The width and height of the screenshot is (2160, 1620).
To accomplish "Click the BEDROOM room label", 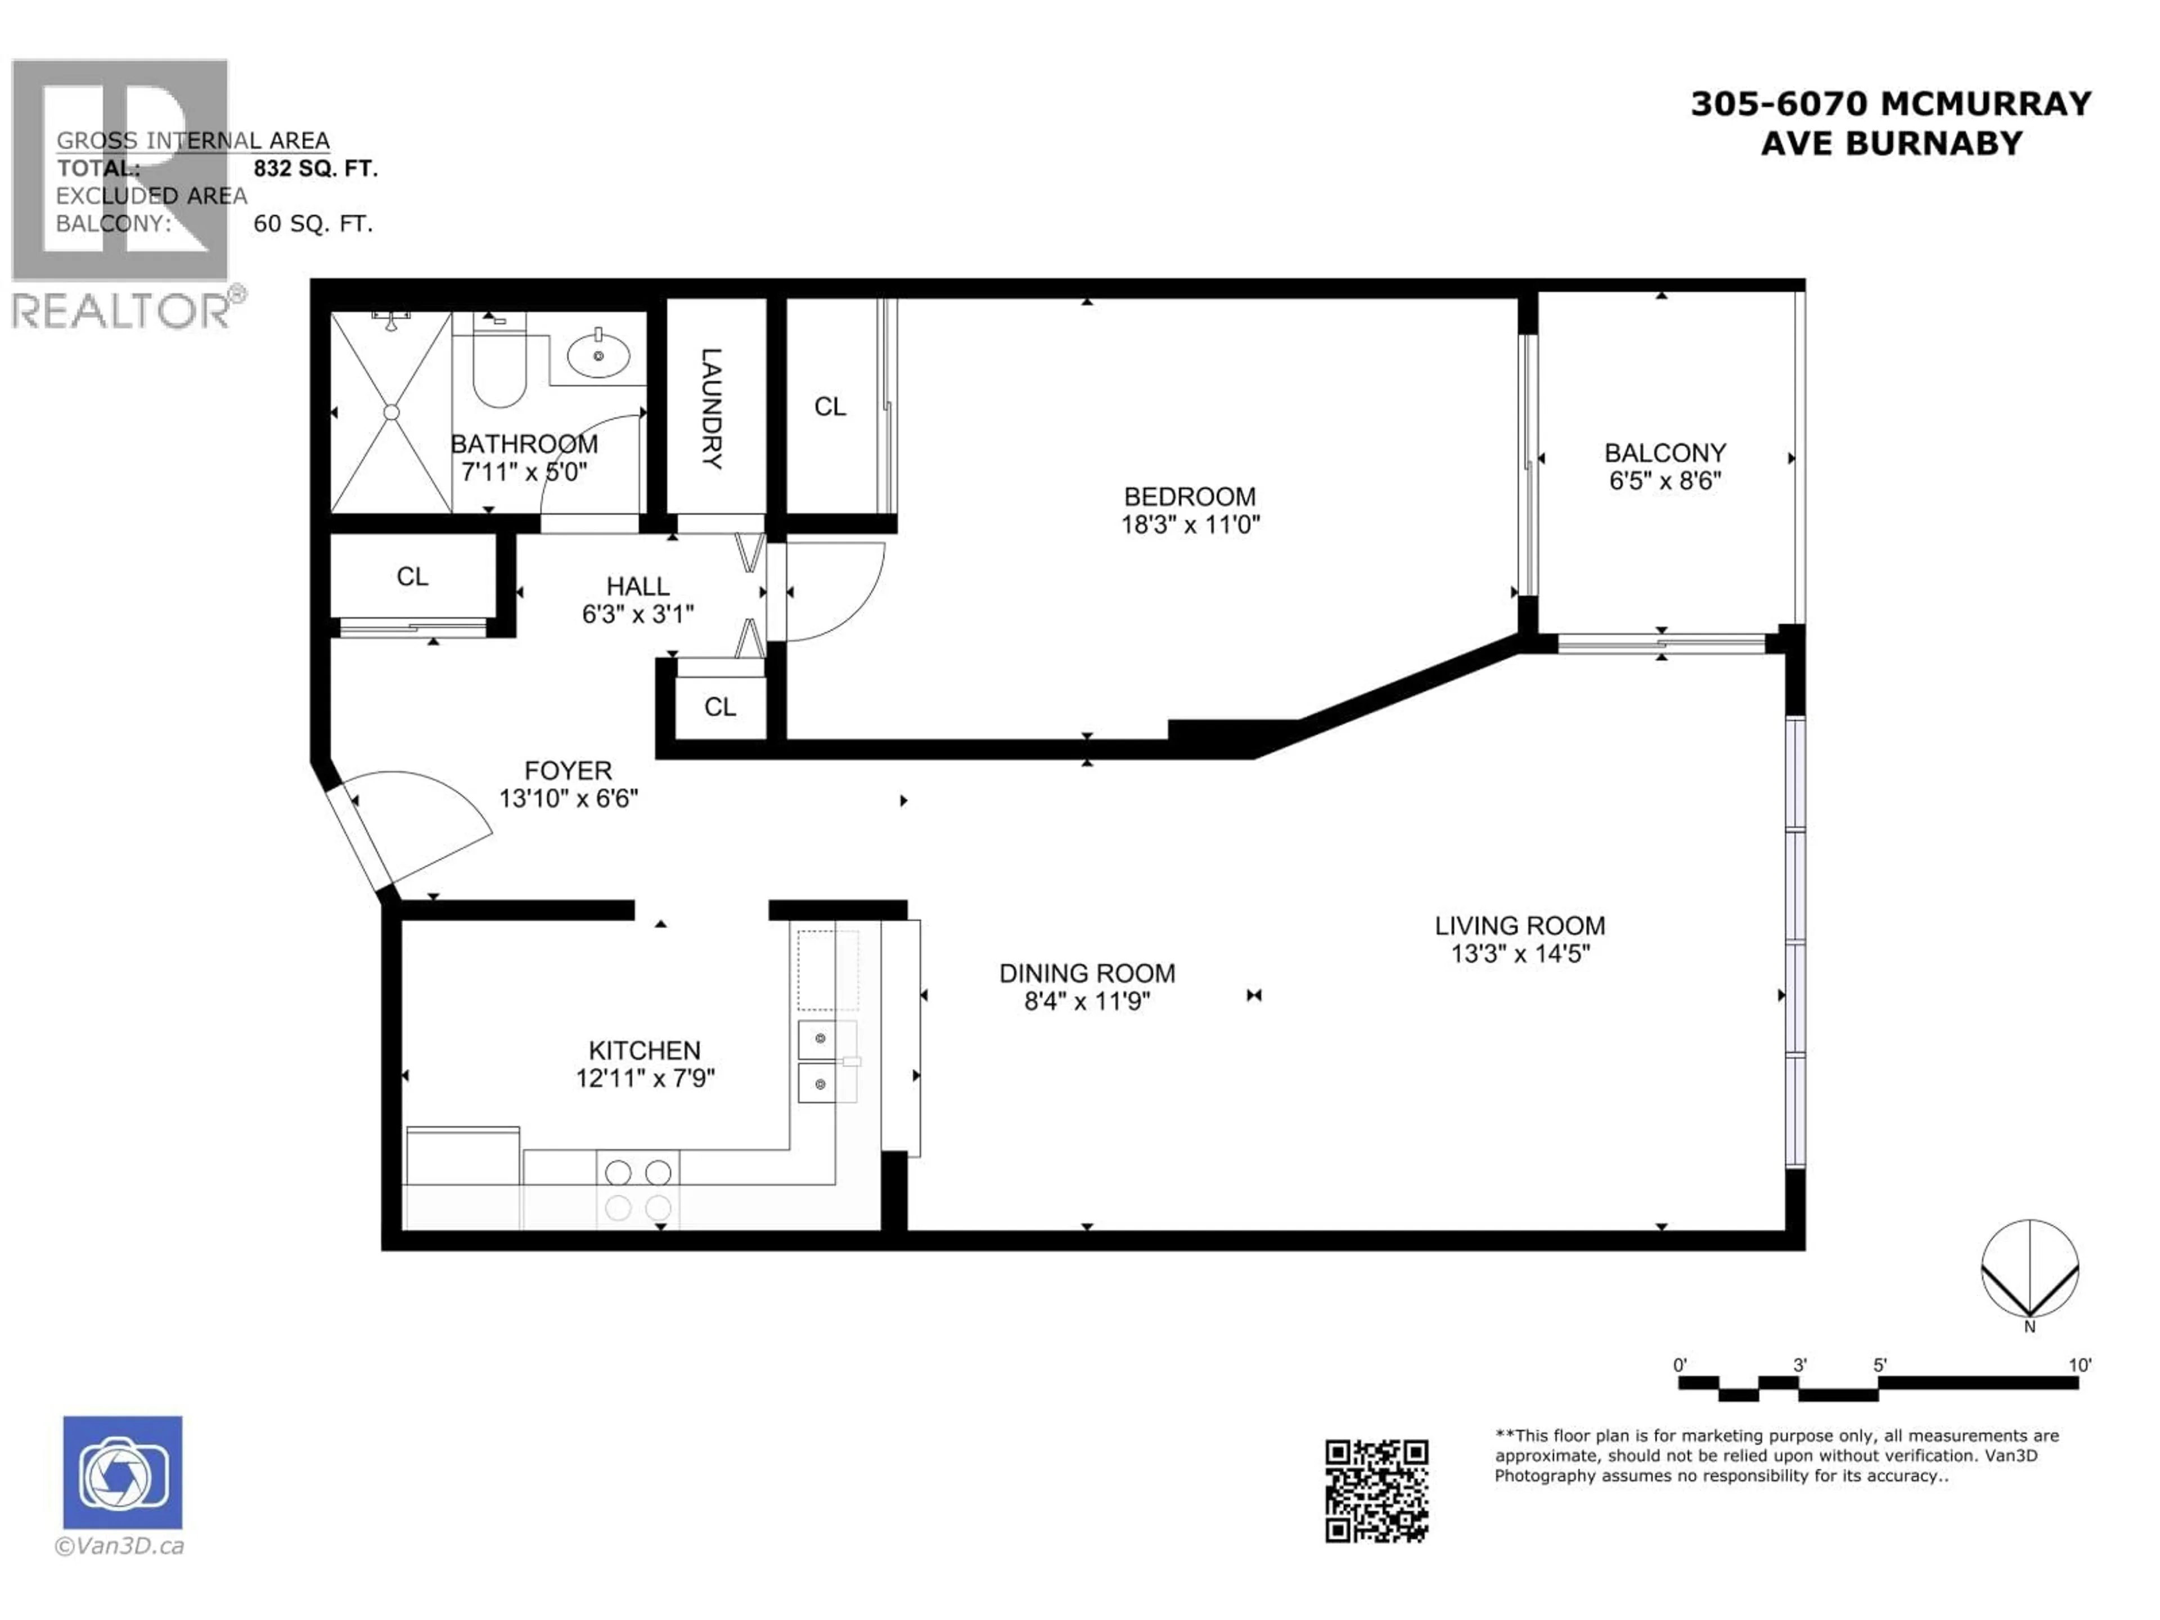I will click(x=1189, y=496).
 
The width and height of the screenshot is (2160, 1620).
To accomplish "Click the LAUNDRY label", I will click(x=712, y=408).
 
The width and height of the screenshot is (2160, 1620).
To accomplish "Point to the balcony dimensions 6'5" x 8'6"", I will click(x=1665, y=480).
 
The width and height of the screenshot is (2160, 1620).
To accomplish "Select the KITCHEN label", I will click(x=645, y=1051).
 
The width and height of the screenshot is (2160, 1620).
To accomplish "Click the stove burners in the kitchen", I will click(x=638, y=1189).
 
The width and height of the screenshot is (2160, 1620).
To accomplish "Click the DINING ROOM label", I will click(x=1087, y=974).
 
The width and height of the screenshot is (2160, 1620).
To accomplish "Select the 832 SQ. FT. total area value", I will click(x=314, y=168).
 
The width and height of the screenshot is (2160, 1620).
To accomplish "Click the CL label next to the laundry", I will click(x=830, y=406).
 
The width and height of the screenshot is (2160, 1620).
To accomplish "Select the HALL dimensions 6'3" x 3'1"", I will click(x=638, y=614).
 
